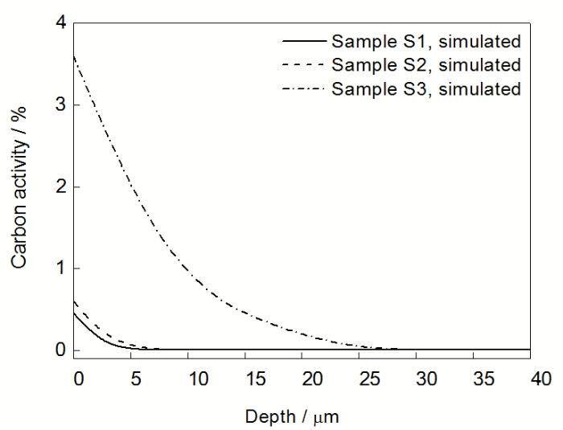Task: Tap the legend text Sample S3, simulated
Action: click(x=425, y=88)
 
